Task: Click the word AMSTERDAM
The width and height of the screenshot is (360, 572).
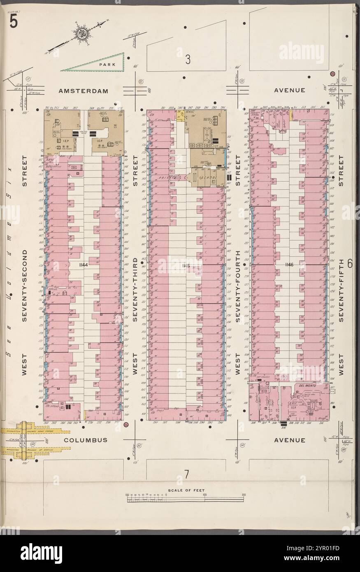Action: pyautogui.click(x=83, y=91)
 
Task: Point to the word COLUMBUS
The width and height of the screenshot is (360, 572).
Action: pyautogui.click(x=86, y=440)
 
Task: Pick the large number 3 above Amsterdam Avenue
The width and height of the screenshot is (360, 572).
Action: pyautogui.click(x=187, y=60)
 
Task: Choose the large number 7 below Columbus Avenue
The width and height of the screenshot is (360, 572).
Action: pyautogui.click(x=186, y=474)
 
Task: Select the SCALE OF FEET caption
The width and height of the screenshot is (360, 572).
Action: pyautogui.click(x=186, y=491)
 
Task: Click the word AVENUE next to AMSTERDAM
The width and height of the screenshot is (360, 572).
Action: pyautogui.click(x=290, y=90)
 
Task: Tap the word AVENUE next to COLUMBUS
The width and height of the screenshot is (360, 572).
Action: pyautogui.click(x=290, y=440)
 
